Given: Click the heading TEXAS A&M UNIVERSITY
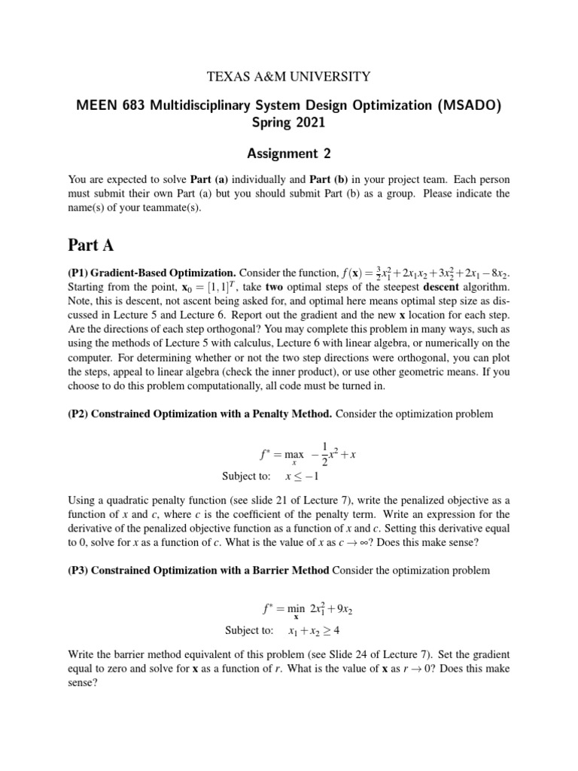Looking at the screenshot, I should tap(289, 76).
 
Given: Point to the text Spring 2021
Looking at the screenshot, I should tap(289, 122).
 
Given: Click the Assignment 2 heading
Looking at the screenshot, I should tap(289, 154).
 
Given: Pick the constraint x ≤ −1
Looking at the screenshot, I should tap(303, 476).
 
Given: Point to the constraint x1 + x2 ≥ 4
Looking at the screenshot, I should tap(319, 630).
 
